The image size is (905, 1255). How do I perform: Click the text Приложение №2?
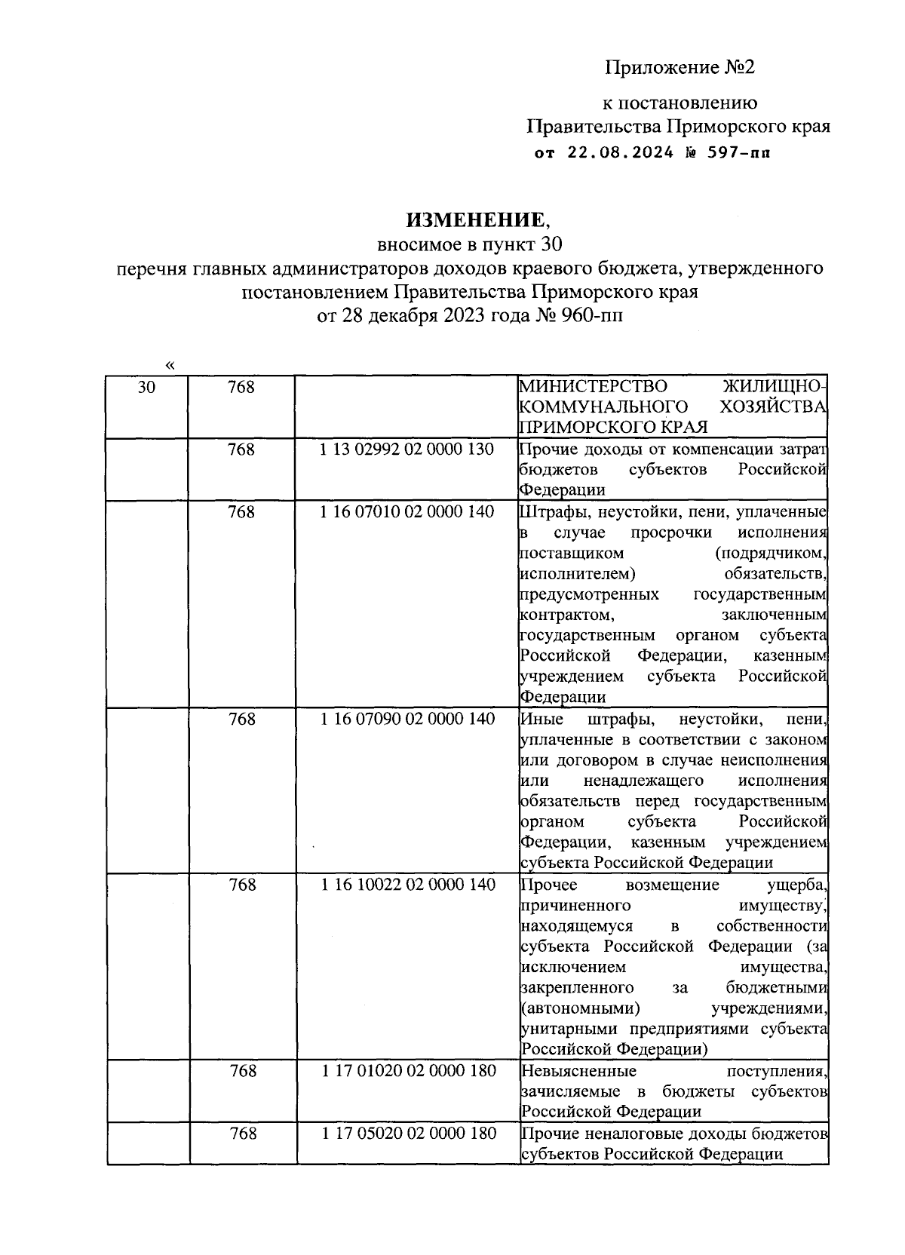point(680,68)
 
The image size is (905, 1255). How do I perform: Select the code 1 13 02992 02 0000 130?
point(407,450)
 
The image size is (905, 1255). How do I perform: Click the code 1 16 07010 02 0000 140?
point(407,512)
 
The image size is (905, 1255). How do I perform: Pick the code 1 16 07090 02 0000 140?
point(407,720)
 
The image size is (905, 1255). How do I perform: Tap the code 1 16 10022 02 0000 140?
point(407,885)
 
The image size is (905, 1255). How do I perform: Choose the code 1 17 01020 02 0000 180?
point(407,1071)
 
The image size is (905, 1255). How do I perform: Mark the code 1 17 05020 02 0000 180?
point(407,1134)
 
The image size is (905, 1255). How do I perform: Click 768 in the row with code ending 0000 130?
point(241,450)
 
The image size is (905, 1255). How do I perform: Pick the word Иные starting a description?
point(539,720)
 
